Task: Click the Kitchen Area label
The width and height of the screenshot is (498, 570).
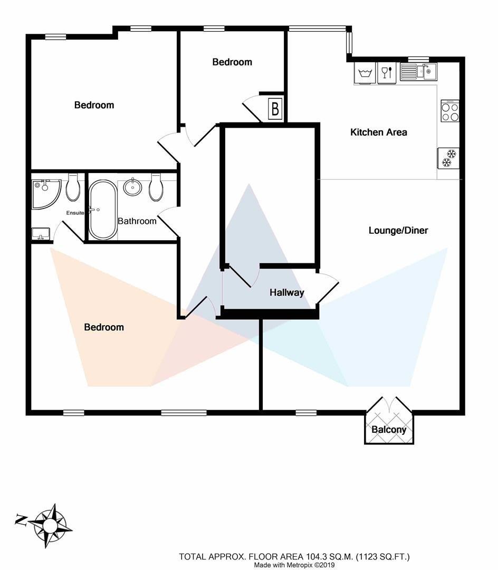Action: coord(378,132)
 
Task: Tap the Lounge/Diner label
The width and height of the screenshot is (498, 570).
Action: coord(398,231)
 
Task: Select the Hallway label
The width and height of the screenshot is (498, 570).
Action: coord(286,292)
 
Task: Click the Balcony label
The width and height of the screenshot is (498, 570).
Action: coord(389,430)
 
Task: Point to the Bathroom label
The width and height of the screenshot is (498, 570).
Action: coord(137,221)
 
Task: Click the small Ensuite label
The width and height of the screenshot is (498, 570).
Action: coord(75,213)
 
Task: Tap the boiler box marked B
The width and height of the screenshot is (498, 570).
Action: coord(275,108)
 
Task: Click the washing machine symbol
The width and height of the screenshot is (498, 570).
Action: coord(365,73)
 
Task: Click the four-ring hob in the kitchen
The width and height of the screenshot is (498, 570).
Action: coord(450,111)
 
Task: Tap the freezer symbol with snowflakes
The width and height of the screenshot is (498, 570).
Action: coord(448,158)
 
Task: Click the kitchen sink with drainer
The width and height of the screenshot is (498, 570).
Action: coord(418,72)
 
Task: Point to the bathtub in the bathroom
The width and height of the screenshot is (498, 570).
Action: coord(103,210)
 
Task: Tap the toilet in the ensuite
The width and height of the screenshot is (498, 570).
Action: coord(73,187)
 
